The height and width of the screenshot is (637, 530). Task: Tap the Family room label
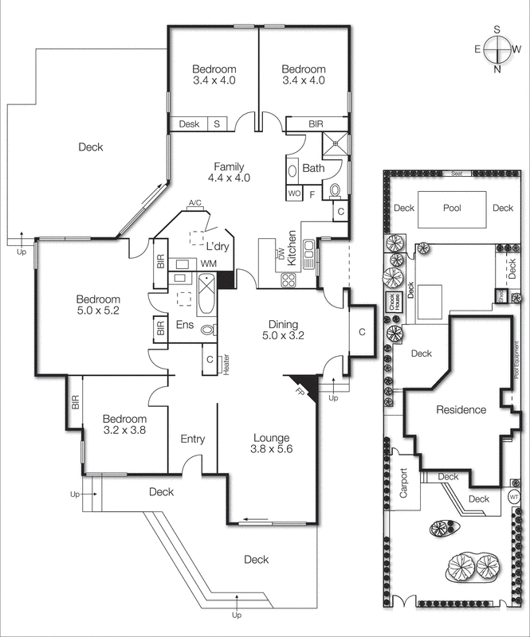point(229,172)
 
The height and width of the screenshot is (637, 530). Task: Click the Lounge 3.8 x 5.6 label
point(272,444)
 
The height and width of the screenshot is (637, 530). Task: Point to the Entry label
point(193,439)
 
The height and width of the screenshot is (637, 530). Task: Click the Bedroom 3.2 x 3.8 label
point(124,424)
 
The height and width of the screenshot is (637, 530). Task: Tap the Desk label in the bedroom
point(189,124)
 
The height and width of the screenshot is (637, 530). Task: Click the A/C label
point(194,205)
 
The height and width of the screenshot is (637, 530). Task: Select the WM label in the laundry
point(210,263)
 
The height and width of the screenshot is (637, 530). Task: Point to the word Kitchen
point(292,248)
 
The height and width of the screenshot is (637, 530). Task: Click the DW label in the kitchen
point(281,254)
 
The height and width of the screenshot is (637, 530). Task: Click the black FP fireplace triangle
point(305,385)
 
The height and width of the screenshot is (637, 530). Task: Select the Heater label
point(226,365)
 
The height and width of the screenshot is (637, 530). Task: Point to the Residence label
point(461,410)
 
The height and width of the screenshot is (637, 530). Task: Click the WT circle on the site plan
point(514,497)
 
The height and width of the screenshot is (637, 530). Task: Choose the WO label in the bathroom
point(293,193)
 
